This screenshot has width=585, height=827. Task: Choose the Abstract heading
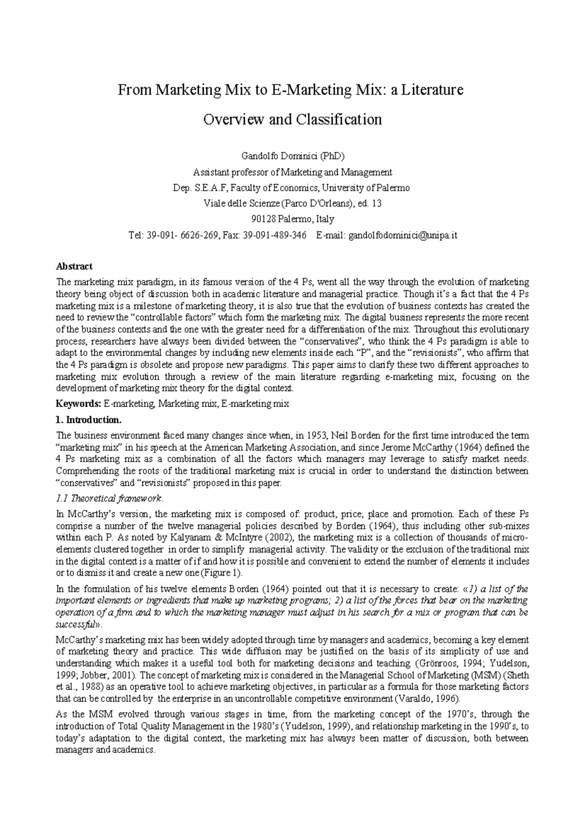pyautogui.click(x=74, y=266)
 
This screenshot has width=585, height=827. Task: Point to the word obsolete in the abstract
pyautogui.click(x=184, y=365)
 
